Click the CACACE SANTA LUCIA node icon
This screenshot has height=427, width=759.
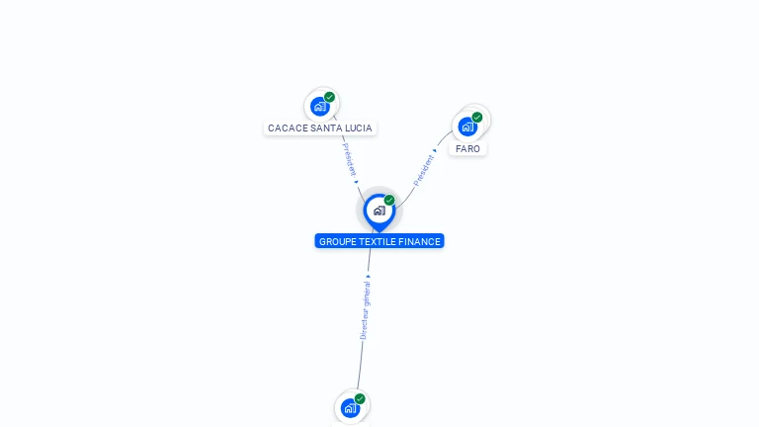tap(320, 106)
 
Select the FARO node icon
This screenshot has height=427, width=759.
tap(467, 127)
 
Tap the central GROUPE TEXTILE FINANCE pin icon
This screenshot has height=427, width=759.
tap(379, 211)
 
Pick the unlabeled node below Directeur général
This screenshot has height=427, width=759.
tap(350, 407)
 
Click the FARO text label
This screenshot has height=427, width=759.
tap(467, 149)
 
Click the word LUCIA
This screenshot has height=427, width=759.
tap(359, 128)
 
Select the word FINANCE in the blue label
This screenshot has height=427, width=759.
tap(420, 241)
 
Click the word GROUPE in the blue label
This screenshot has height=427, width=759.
tap(337, 241)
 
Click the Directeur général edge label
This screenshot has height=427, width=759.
tap(365, 310)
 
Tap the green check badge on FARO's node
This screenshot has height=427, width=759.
tap(477, 118)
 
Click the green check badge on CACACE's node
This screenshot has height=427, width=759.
tap(330, 97)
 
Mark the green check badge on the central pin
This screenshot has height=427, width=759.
tap(389, 201)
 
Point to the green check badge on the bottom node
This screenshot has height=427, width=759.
tap(360, 398)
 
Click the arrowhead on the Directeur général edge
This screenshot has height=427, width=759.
tap(369, 277)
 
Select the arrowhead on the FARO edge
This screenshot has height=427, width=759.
tap(435, 150)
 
